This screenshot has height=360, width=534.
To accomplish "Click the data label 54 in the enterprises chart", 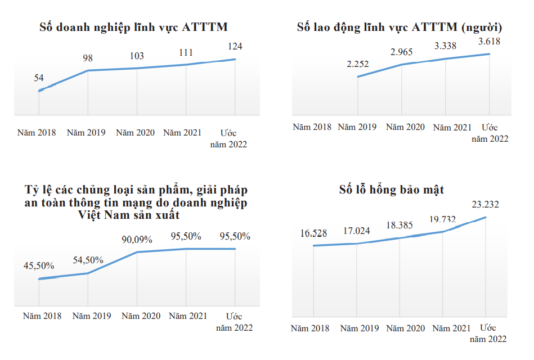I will coord(39,78).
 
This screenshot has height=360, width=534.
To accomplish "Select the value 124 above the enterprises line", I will coord(235,46).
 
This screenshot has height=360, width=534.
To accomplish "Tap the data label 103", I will coord(137,56).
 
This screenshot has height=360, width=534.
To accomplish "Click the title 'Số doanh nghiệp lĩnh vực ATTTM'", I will coord(133,27).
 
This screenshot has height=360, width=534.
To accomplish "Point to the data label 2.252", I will coord(358,64).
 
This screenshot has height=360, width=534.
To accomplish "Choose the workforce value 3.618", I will coord(489,41).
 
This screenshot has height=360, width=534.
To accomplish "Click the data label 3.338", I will coord(445,46).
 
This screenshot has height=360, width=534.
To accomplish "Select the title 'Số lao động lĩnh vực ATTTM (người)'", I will coord(399,27).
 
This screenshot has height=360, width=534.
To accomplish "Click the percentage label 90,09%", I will coord(137,240).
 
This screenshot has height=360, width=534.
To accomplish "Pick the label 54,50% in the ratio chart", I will coord(88,260).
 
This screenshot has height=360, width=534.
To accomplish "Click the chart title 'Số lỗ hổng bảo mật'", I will coord(392,190).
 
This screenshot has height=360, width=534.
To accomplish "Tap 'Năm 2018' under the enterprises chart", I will coord(37,133).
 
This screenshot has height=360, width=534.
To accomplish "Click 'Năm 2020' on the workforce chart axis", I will coord(405,127).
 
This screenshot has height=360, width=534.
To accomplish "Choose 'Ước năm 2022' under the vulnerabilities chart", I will coord(488,333).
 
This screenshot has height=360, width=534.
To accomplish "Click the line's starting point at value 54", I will coord(39,91).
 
